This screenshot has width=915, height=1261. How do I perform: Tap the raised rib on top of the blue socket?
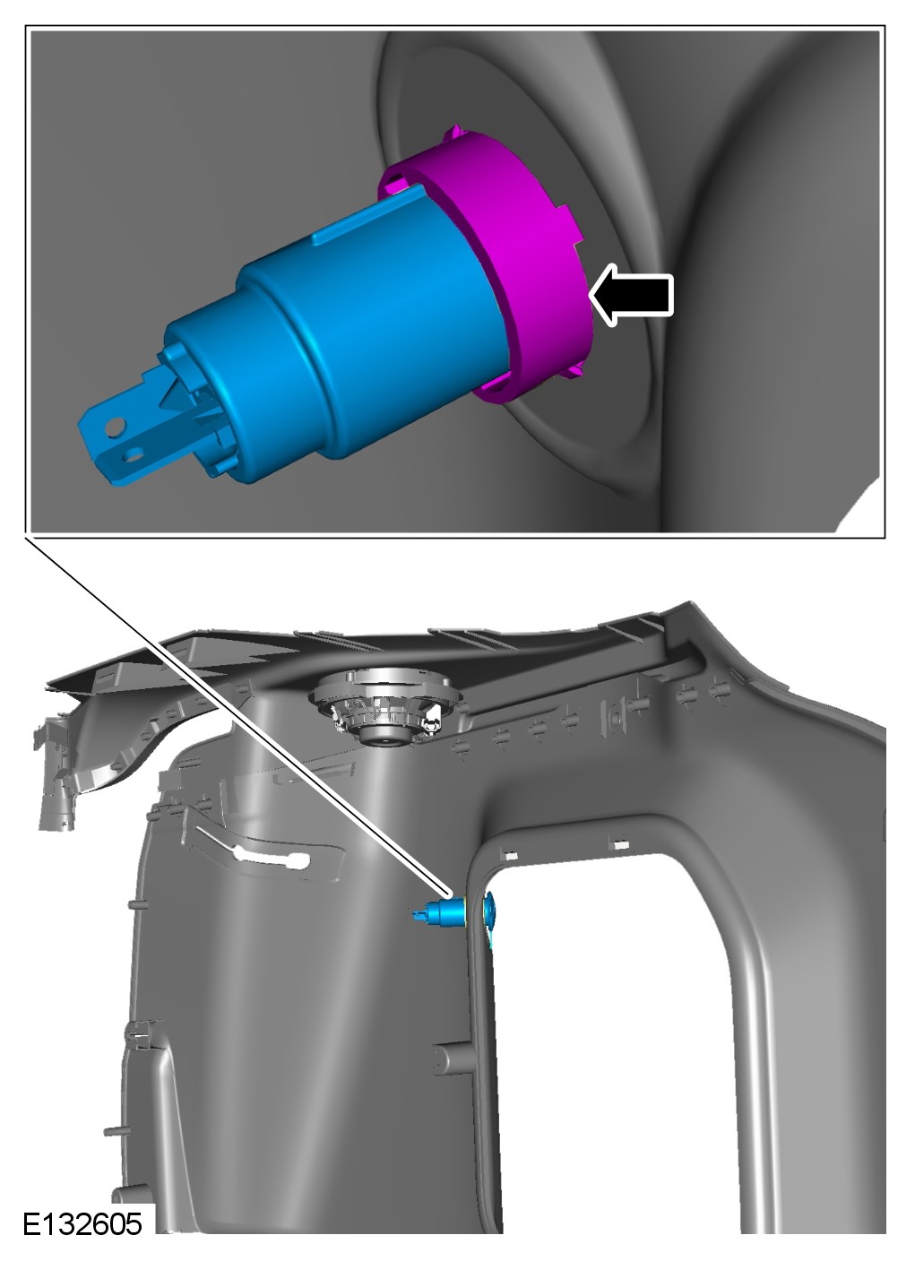[369, 216]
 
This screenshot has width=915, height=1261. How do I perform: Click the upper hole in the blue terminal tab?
[115, 427]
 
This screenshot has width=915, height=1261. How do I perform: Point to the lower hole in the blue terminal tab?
[134, 453]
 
